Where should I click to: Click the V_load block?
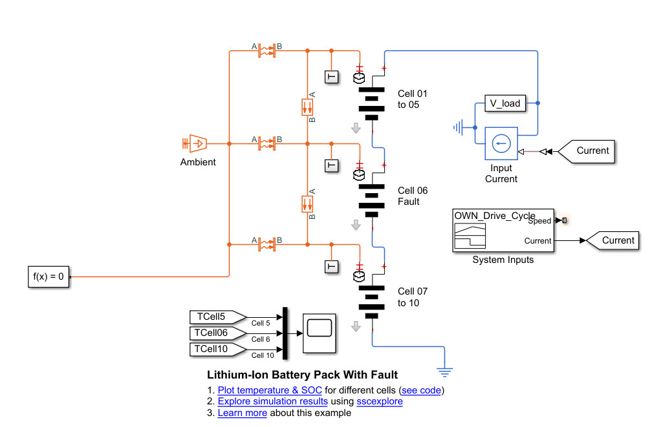tap(504, 103)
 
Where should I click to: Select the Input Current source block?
tap(501, 143)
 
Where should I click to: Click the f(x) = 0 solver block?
tap(49, 276)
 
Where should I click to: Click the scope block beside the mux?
tap(320, 333)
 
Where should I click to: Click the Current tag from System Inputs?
tap(613, 240)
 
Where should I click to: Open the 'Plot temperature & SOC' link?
tap(270, 390)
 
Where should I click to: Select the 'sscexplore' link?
tap(380, 401)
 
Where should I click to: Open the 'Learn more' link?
tap(242, 413)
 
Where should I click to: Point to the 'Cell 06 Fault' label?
tap(412, 196)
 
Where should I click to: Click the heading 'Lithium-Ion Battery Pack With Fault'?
tap(302, 375)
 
